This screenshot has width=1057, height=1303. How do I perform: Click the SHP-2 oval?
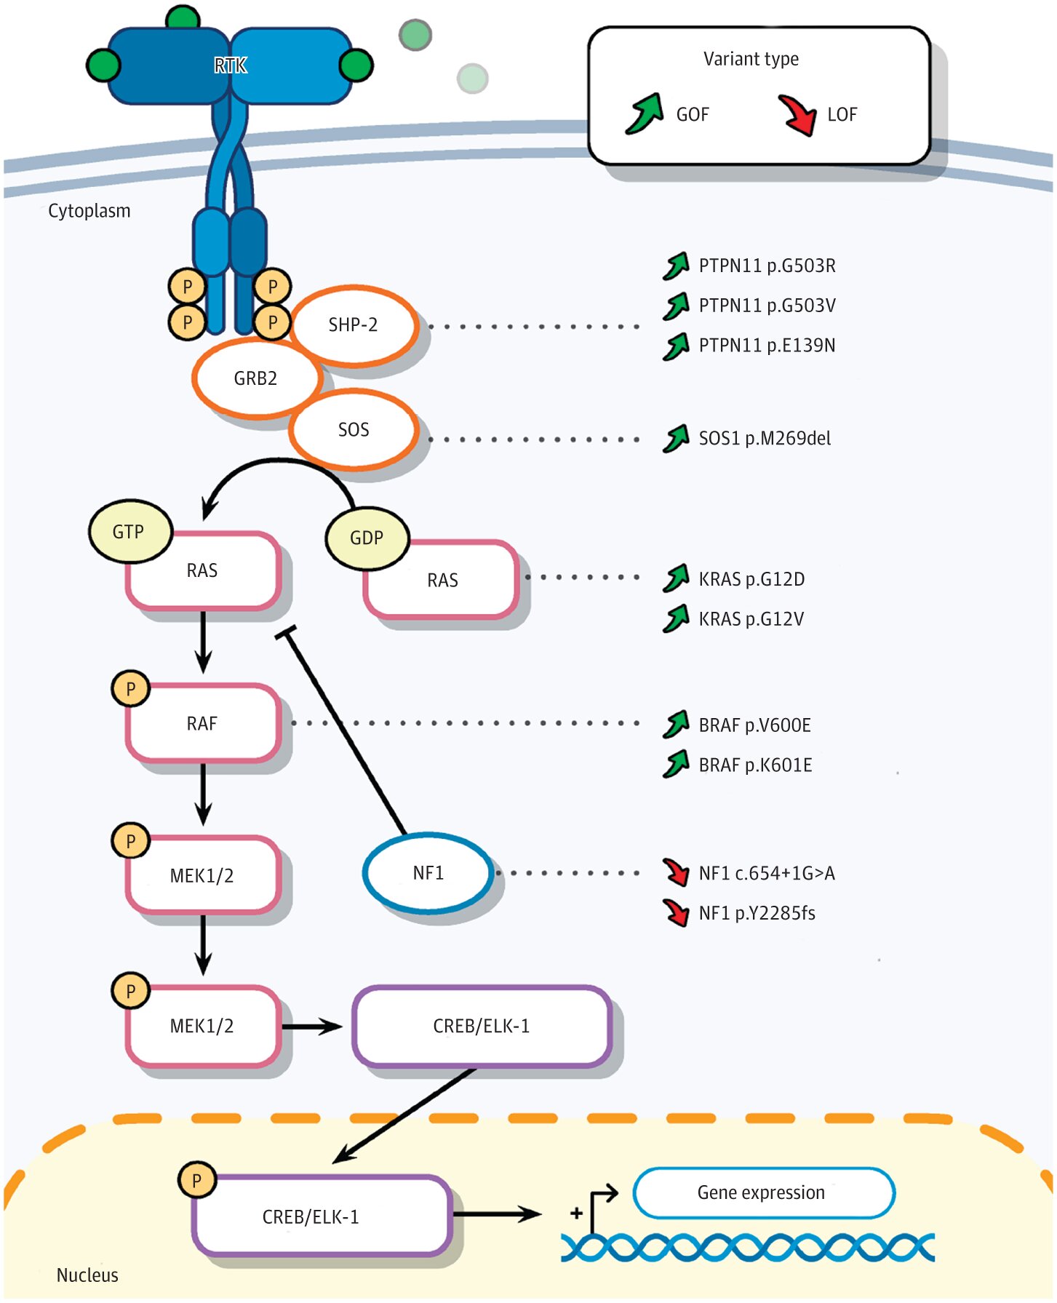click(x=354, y=325)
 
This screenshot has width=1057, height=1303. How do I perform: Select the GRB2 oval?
click(x=256, y=378)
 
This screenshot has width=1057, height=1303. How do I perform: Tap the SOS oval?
click(x=354, y=430)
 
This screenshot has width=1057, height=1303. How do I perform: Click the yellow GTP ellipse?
click(x=129, y=532)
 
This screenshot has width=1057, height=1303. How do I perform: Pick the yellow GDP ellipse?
click(x=367, y=538)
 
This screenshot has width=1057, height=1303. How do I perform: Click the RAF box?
click(x=203, y=723)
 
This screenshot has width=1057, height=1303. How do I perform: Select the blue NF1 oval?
click(x=428, y=872)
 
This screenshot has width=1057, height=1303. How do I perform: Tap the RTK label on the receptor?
click(x=231, y=66)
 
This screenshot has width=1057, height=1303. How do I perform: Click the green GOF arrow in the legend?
click(x=645, y=113)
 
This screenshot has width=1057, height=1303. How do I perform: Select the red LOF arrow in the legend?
click(x=797, y=115)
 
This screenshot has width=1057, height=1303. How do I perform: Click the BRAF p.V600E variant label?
click(x=754, y=725)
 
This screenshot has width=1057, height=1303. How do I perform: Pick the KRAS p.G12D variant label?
click(x=751, y=579)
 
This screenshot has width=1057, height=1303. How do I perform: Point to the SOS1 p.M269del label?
click(x=765, y=438)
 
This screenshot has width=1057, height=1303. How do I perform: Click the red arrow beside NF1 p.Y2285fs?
click(x=677, y=912)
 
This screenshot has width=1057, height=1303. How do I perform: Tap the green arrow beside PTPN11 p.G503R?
click(x=676, y=266)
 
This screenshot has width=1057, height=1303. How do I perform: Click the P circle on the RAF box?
click(x=130, y=689)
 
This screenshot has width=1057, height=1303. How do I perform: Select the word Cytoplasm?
click(x=89, y=211)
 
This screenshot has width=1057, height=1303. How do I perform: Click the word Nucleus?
click(x=87, y=1275)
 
